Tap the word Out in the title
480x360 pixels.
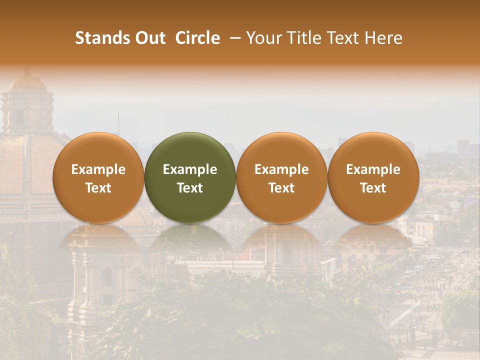[x=149, y=38]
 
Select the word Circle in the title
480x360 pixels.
[x=197, y=38]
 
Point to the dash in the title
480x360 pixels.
[x=233, y=38]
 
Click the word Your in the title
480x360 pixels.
[x=263, y=38]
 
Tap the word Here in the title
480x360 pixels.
[x=384, y=38]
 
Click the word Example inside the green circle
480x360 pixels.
[x=190, y=169]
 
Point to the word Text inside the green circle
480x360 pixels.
[x=190, y=188]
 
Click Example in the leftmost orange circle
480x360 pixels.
[x=98, y=169]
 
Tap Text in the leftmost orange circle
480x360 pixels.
[x=98, y=188]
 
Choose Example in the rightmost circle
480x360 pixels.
[x=373, y=169]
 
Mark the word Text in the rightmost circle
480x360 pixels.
[x=373, y=188]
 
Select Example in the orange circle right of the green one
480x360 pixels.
[x=281, y=169]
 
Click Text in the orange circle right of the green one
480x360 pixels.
[x=281, y=188]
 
